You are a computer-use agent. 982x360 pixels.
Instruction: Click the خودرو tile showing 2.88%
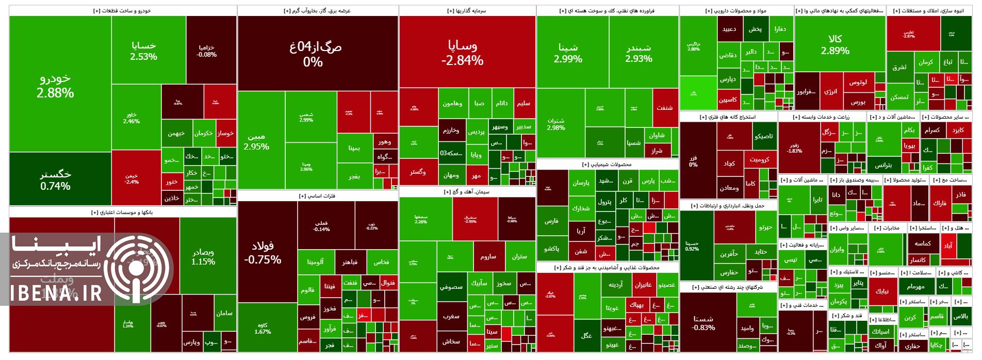point(59,85)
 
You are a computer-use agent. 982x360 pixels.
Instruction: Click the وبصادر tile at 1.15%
point(203,257)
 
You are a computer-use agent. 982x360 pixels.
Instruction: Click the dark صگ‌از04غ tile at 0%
point(317,53)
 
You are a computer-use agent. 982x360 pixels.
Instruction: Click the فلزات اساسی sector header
point(317,196)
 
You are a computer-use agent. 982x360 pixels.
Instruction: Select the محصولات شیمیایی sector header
point(607,165)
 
